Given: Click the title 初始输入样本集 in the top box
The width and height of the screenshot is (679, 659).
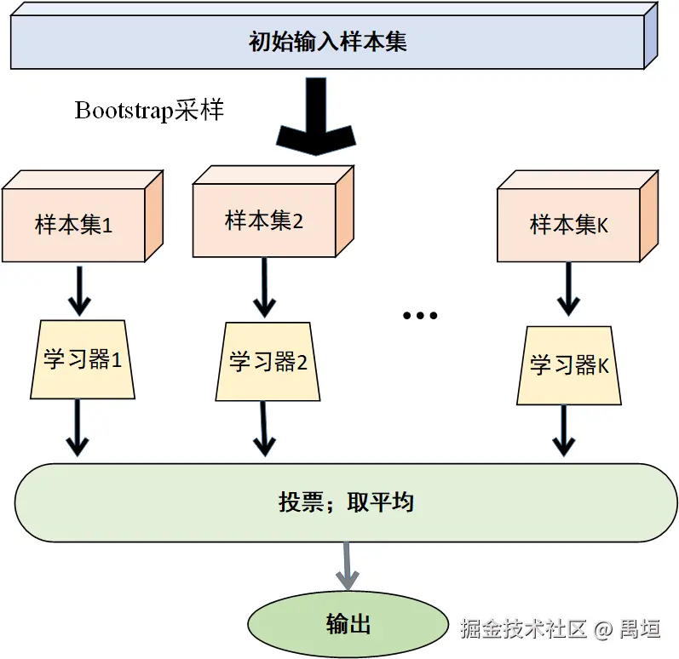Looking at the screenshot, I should [327, 42].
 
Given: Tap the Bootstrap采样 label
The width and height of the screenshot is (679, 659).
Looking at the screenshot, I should [149, 112].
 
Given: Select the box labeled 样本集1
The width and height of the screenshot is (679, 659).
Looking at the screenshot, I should [74, 226].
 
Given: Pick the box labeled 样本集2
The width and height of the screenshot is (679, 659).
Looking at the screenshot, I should [264, 221].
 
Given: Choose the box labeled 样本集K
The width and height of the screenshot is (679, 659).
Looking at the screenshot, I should [568, 226].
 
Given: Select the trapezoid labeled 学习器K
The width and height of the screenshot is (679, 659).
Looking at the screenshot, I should [568, 364].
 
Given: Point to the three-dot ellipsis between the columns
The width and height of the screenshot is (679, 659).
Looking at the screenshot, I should [420, 316].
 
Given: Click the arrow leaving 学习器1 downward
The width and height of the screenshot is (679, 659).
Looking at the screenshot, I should [78, 428].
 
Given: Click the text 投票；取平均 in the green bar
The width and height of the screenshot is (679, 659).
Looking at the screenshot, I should [346, 502].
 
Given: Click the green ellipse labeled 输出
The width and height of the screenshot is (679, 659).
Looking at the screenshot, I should [348, 624].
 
